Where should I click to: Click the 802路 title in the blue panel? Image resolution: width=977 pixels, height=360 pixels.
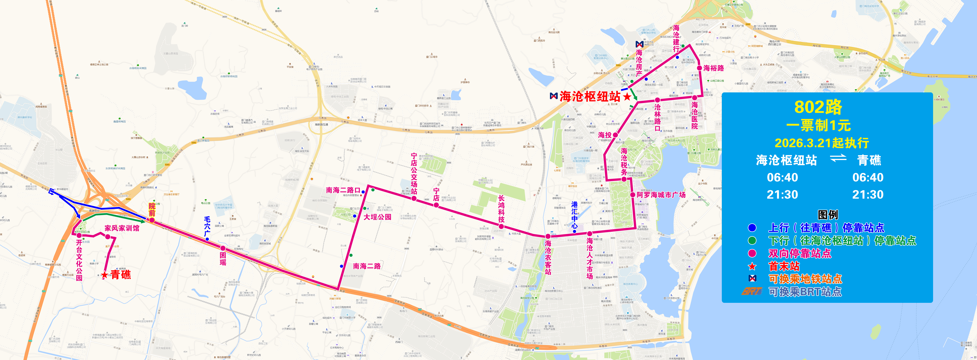[818, 107]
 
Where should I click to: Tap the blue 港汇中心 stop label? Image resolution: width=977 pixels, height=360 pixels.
[575, 215]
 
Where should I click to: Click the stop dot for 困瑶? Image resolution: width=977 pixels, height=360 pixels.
[223, 248]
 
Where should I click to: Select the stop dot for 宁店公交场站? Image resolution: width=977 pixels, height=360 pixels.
[414, 198]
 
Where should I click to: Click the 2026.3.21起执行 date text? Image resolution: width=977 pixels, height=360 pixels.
[822, 143]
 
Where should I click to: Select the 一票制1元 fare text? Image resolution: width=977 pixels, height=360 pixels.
[818, 126]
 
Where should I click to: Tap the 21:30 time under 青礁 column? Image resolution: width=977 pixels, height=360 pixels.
[868, 195]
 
